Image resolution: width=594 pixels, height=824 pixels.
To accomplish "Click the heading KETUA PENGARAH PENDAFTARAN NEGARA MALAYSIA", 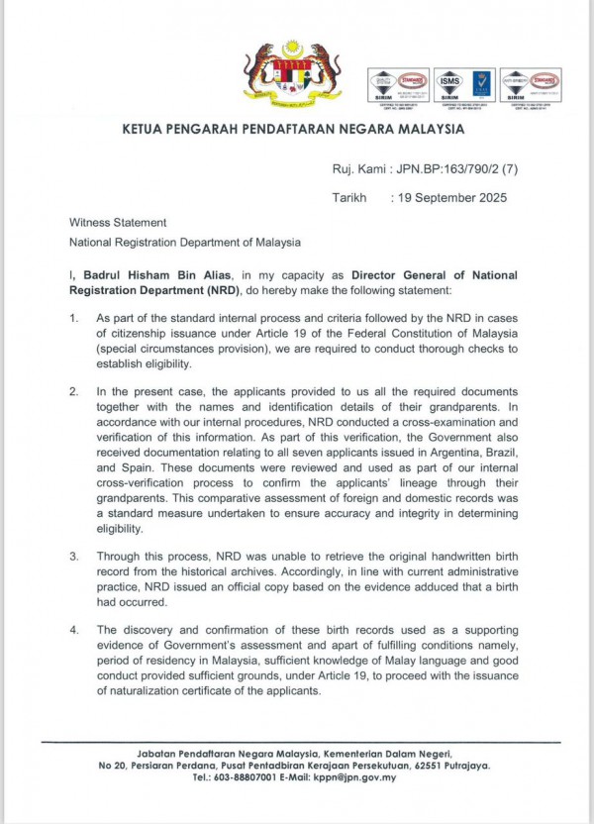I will click(x=292, y=129).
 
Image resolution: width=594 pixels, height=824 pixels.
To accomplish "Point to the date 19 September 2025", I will click(x=451, y=197).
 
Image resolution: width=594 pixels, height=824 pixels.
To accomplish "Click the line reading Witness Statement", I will click(x=117, y=223).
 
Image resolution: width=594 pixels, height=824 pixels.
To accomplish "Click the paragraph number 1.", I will click(x=72, y=318).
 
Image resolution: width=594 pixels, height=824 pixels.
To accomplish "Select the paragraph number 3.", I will click(x=72, y=557).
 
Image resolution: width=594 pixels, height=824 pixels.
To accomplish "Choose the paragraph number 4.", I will click(x=72, y=630).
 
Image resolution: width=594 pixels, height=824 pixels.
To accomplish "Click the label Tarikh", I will click(x=348, y=197).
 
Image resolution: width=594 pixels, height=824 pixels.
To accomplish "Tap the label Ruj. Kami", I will click(x=358, y=169).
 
